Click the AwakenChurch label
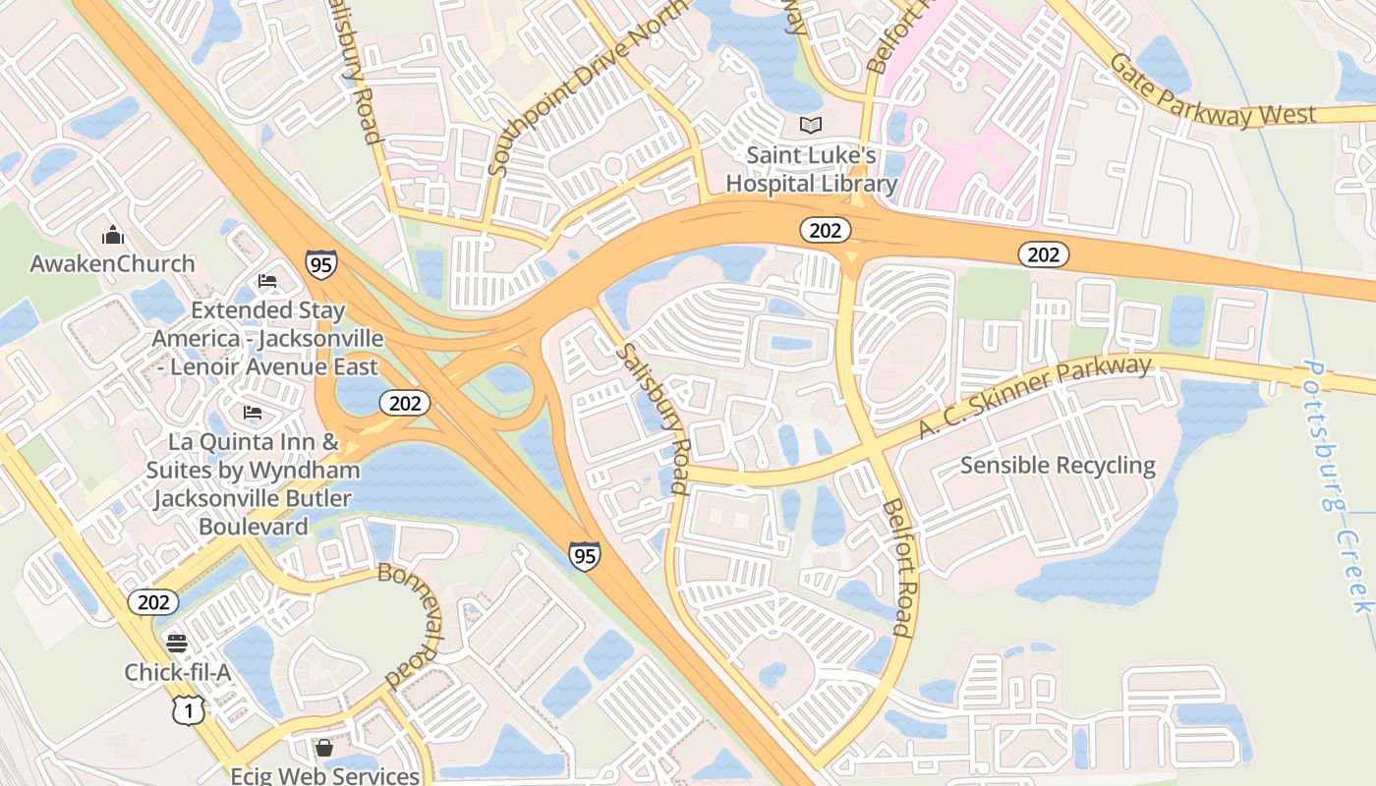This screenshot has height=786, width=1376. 112,263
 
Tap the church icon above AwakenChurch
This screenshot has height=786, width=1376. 113,235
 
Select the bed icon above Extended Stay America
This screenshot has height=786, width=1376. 266,281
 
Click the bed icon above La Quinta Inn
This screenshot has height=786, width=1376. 253,412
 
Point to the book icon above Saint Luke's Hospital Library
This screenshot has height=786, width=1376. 811,125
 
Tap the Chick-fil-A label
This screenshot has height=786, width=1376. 177,672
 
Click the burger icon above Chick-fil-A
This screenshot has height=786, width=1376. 177,644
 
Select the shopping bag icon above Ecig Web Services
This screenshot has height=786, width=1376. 324,749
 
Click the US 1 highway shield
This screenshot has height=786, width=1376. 189,710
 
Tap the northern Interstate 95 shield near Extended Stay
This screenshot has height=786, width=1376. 320,264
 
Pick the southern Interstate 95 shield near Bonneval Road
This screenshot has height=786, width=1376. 584,556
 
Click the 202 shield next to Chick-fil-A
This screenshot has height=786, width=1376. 153,601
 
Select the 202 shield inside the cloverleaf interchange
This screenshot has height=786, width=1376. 404,402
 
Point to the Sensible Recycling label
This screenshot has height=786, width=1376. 1058,465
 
